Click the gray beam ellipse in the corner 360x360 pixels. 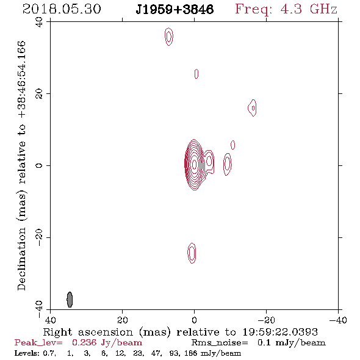tap(70, 300)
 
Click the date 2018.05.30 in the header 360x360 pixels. tap(62, 9)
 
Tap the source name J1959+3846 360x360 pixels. tap(175, 10)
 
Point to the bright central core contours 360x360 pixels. tap(194, 165)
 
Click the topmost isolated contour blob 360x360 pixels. tap(169, 37)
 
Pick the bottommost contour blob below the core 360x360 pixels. tap(192, 253)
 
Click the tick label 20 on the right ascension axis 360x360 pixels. tap(122, 320)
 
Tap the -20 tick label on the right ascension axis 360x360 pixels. tap(266, 320)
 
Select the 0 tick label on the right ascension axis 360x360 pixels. tap(194, 320)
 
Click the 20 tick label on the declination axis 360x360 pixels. tap(39, 94)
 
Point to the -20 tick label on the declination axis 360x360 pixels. tap(39, 237)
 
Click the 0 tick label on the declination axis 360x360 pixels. tap(39, 165)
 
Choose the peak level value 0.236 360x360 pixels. tap(84, 342)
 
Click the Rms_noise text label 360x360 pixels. tap(220, 343)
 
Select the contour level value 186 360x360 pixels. tap(190, 353)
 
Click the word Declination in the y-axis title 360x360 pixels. tap(21, 259)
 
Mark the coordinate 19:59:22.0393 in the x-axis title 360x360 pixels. tap(280, 332)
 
